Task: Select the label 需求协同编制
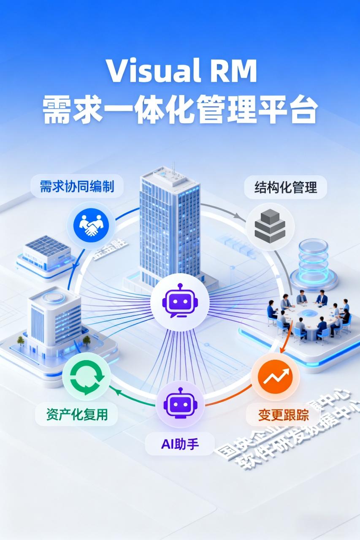pyautogui.click(x=77, y=186)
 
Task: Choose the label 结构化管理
pyautogui.click(x=285, y=187)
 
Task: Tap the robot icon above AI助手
pyautogui.click(x=180, y=405)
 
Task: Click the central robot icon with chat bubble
pyautogui.click(x=180, y=302)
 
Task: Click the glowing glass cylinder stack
pyautogui.click(x=314, y=261)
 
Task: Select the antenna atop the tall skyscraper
pyautogui.click(x=173, y=167)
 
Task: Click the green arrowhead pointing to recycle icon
pyautogui.click(x=119, y=393)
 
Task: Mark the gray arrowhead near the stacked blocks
pyautogui.click(x=241, y=217)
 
